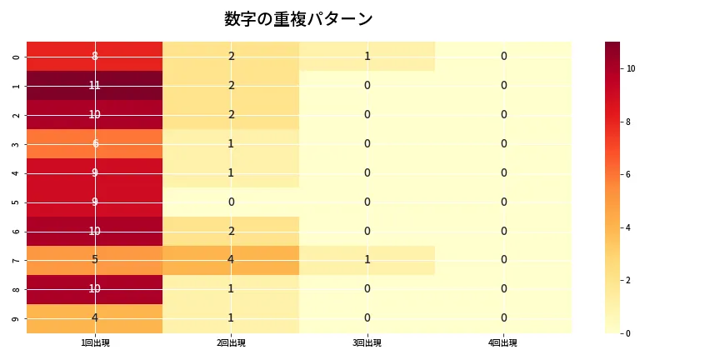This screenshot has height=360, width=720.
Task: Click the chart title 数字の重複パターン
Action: pos(298,19)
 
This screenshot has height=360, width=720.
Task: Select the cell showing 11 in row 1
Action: pos(94,85)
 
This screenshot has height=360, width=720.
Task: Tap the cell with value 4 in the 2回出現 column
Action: pos(231,260)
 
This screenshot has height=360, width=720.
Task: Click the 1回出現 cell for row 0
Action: pos(94,56)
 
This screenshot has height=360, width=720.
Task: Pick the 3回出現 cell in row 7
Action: pos(367,260)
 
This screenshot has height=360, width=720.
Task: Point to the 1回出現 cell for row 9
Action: pos(94,318)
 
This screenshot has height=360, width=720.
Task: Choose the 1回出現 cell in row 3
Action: pos(94,143)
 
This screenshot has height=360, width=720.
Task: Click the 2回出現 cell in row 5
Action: pos(231,202)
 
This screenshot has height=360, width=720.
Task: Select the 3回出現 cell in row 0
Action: pos(367,56)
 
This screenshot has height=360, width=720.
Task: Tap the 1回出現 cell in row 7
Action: pos(94,260)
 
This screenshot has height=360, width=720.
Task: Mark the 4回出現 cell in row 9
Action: pos(503,318)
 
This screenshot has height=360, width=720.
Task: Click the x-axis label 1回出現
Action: pos(94,343)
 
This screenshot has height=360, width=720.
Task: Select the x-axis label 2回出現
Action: pos(231,343)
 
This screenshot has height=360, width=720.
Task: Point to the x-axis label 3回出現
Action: pos(367,343)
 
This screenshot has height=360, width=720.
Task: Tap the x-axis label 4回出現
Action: pos(503,343)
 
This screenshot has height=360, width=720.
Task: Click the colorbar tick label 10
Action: pos(631,68)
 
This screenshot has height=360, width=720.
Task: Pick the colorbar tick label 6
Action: pos(629,174)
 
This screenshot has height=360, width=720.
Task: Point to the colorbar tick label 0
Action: pos(629,333)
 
